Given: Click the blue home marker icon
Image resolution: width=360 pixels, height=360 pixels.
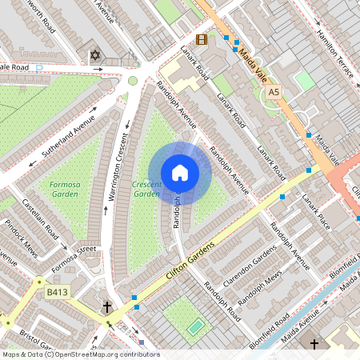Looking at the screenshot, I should [180, 173].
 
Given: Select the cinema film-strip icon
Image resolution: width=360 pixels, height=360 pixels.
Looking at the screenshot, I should [201, 39].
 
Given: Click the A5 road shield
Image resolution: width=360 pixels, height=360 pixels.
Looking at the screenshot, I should [274, 93].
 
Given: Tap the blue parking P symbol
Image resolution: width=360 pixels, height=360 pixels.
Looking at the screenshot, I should [40, 68].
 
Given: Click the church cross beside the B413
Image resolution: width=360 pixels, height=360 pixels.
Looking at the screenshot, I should [107, 306].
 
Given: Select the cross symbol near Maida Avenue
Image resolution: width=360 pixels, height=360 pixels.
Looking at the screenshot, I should [314, 344].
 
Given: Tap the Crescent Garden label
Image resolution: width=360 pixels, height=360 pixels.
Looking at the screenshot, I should [146, 189].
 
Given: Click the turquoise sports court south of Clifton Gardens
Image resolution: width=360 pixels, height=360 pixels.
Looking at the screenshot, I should [195, 326].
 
